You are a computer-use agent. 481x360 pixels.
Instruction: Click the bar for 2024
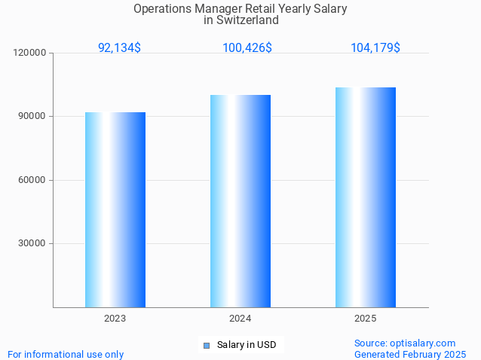pos(240,201)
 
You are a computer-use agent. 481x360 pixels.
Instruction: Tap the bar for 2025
pos(365,197)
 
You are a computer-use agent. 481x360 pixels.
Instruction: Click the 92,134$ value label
pos(119,47)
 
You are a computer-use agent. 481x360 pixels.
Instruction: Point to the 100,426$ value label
pos(247,47)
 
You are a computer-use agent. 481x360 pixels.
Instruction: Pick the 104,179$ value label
pos(375,47)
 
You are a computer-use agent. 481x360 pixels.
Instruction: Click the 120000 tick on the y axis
pos(31,53)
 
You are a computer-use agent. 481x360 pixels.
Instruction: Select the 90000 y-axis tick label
pos(33,117)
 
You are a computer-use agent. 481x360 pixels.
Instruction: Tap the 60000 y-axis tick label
pos(33,180)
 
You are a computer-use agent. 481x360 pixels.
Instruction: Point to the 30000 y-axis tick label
pos(33,243)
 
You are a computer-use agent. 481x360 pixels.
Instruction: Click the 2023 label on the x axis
pos(115,319)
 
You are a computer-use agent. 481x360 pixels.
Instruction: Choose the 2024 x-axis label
pos(240,319)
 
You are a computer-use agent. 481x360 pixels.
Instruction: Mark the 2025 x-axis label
pos(365,319)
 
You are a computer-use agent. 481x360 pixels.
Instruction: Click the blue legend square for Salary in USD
pos(206,346)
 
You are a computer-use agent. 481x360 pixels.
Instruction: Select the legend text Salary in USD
pos(247,345)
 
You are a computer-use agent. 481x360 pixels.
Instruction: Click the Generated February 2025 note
pos(410,354)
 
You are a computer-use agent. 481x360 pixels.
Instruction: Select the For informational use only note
pos(66,354)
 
